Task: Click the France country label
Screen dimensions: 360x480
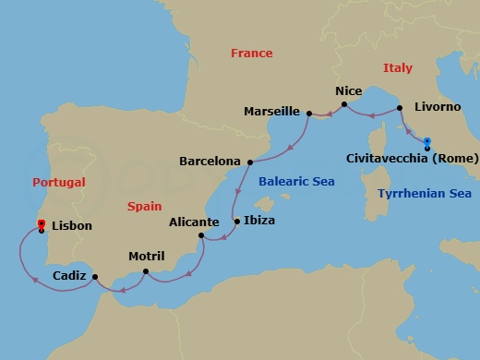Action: [252, 54]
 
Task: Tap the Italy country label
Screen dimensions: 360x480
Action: [398, 68]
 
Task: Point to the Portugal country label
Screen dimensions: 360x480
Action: [58, 183]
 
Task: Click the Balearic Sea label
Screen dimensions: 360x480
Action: [296, 182]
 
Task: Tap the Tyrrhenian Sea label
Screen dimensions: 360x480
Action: [425, 194]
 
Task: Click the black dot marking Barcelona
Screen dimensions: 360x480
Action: [250, 162]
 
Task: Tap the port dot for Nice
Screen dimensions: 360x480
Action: [343, 105]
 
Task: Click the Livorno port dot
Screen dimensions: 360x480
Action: [400, 108]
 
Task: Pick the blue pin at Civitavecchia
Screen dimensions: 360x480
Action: [427, 142]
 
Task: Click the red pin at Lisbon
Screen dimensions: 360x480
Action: [41, 223]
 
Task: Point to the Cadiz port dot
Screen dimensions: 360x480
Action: [96, 275]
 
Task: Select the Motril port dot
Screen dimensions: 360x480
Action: [147, 271]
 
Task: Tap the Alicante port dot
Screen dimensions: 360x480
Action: [201, 235]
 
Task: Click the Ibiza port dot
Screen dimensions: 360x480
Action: [237, 222]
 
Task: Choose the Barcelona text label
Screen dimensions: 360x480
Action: [210, 162]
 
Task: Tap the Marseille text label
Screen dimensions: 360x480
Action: [271, 112]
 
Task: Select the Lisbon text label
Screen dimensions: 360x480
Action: [73, 225]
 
